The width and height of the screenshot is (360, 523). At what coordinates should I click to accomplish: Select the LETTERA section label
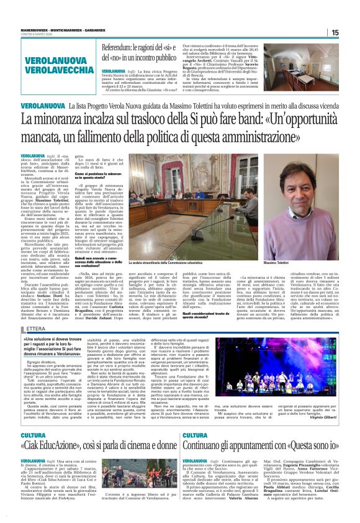(x=36, y=329)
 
